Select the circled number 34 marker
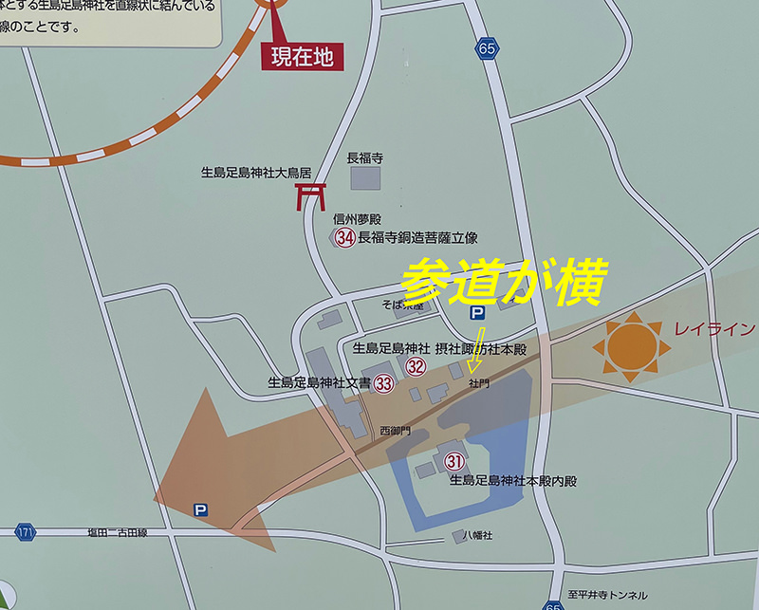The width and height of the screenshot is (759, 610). point(344,238)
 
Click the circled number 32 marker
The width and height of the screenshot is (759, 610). point(415,366)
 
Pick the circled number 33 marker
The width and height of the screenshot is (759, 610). point(383,384)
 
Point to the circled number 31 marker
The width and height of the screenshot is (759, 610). point(454,462)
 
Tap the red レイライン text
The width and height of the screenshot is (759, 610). point(714,330)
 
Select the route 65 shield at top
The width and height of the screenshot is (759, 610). point(488,48)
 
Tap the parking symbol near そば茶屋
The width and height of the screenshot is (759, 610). point(477,312)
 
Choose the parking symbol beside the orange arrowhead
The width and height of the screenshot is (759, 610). point(200,509)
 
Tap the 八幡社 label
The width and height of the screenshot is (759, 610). point(480,536)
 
